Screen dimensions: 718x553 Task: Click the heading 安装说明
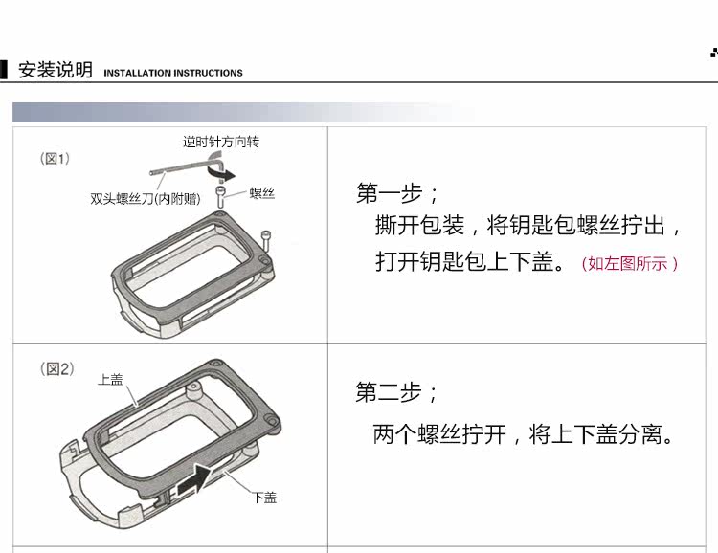[56, 70]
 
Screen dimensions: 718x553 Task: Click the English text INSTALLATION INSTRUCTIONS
[173, 73]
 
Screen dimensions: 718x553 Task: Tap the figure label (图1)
[56, 159]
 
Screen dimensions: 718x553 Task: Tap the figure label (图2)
[56, 368]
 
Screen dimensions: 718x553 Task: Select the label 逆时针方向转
[221, 142]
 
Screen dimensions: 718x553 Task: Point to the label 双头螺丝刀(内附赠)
[146, 199]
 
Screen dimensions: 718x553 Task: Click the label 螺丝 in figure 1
[262, 193]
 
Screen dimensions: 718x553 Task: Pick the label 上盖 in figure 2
[110, 379]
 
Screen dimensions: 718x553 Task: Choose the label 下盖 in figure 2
[265, 498]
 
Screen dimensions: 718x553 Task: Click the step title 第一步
[397, 194]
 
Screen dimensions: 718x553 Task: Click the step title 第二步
[397, 392]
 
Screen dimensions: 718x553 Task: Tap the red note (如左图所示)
[630, 263]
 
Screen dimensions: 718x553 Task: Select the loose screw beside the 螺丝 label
[221, 198]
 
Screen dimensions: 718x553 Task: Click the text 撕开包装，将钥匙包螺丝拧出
[528, 227]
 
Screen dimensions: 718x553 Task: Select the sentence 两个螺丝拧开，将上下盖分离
[524, 435]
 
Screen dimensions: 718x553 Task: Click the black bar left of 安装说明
[4, 70]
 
